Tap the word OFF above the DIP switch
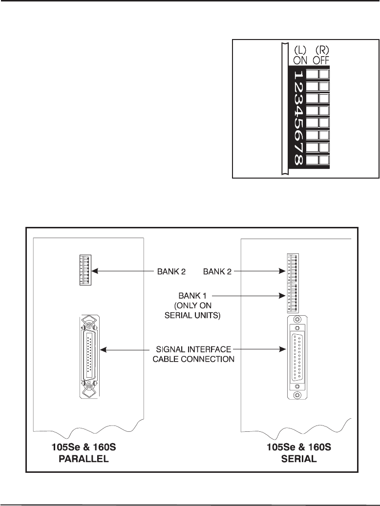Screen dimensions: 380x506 (x=320, y=61)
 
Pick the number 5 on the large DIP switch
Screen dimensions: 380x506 (x=298, y=123)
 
